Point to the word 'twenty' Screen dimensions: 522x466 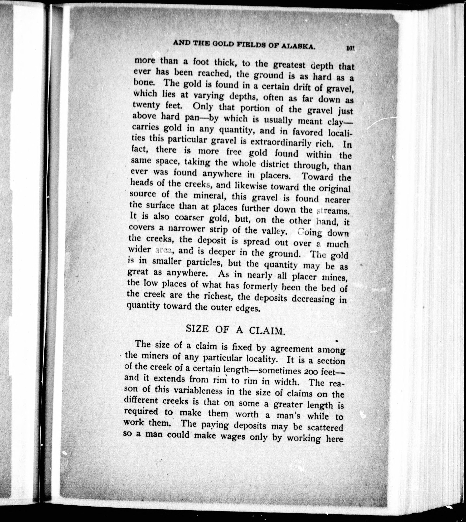pyautogui.click(x=147, y=105)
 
